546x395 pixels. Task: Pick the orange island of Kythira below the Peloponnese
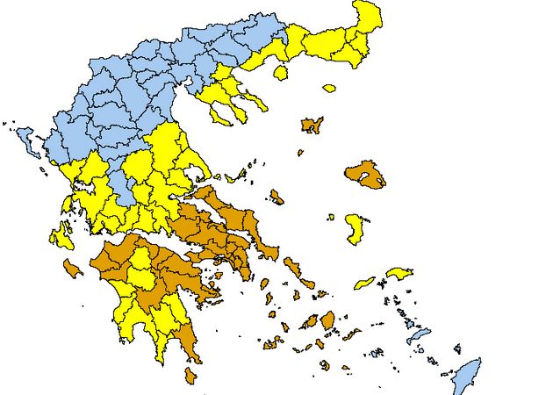[190, 375]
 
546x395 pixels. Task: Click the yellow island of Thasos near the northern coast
[281, 71]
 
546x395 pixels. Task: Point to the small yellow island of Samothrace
[329, 88]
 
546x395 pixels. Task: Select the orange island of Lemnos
[311, 126]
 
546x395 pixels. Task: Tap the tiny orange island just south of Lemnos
[299, 152]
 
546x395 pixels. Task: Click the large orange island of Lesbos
[365, 174]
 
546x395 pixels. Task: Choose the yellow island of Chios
[356, 227]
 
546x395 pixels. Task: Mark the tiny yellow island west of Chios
[330, 217]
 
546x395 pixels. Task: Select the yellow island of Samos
[399, 273]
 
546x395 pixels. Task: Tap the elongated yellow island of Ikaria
[363, 284]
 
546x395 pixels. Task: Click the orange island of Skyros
[277, 197]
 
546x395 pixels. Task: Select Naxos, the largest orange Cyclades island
[327, 320]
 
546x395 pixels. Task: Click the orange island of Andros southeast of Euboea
[292, 266]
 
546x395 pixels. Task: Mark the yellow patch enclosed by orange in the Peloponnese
[140, 275]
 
